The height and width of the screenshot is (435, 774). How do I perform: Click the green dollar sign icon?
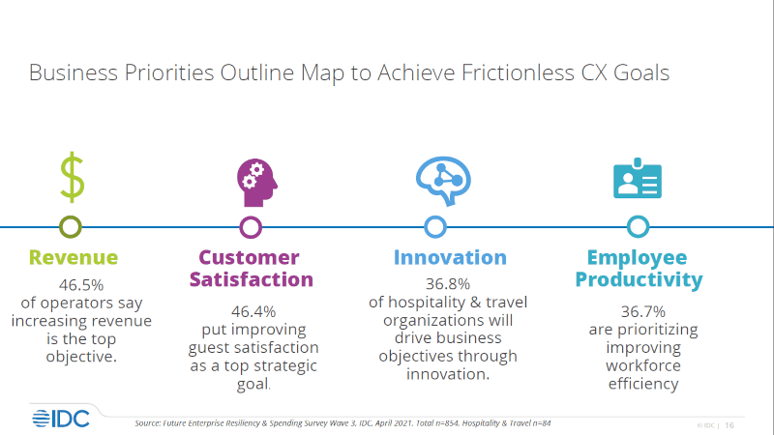tap(72, 177)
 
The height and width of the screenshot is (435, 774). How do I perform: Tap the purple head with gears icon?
tap(256, 183)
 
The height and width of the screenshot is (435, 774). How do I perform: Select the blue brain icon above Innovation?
tap(443, 181)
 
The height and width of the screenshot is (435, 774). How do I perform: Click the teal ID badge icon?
tap(638, 179)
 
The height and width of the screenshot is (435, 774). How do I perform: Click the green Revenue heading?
tap(74, 257)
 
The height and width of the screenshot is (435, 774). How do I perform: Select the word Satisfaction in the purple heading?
tap(252, 279)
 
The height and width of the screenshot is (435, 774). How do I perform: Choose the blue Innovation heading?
tap(450, 257)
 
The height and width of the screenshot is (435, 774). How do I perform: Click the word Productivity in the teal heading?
tap(639, 279)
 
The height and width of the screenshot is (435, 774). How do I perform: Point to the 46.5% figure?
tap(81, 285)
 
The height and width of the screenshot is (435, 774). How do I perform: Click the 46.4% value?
tap(253, 311)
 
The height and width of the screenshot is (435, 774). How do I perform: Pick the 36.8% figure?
tap(448, 284)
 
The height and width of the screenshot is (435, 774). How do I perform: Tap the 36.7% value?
tap(643, 311)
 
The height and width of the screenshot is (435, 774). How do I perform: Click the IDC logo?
tap(61, 419)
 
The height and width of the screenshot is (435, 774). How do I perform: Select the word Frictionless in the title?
tap(518, 73)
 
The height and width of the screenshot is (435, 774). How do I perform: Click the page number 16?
tap(729, 425)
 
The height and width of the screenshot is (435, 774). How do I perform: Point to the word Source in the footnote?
tap(148, 423)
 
